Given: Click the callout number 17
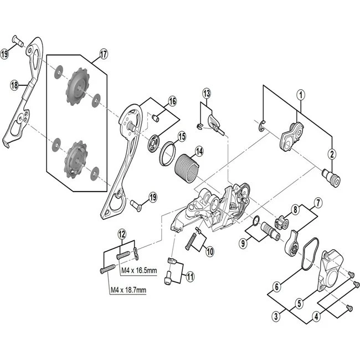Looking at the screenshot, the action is [104, 54].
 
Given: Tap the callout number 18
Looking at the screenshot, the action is [14, 85].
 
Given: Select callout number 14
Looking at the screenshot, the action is [199, 152].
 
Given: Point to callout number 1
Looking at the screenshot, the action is [301, 95].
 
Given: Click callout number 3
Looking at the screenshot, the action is [276, 316].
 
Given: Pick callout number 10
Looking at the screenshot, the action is [210, 251].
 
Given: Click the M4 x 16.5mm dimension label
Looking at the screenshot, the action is [139, 270].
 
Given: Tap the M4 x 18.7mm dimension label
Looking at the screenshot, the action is [128, 290].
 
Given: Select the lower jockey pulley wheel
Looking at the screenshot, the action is [75, 160].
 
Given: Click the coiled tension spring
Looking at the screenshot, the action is [187, 168].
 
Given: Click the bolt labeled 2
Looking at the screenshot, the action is [331, 179].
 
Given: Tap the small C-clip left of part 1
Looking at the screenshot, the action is [261, 126].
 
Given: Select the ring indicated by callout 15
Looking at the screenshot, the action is [167, 153].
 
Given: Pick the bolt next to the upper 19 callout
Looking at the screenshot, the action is [18, 40].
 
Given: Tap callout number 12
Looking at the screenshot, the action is [122, 234].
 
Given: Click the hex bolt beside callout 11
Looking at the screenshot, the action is [168, 278].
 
